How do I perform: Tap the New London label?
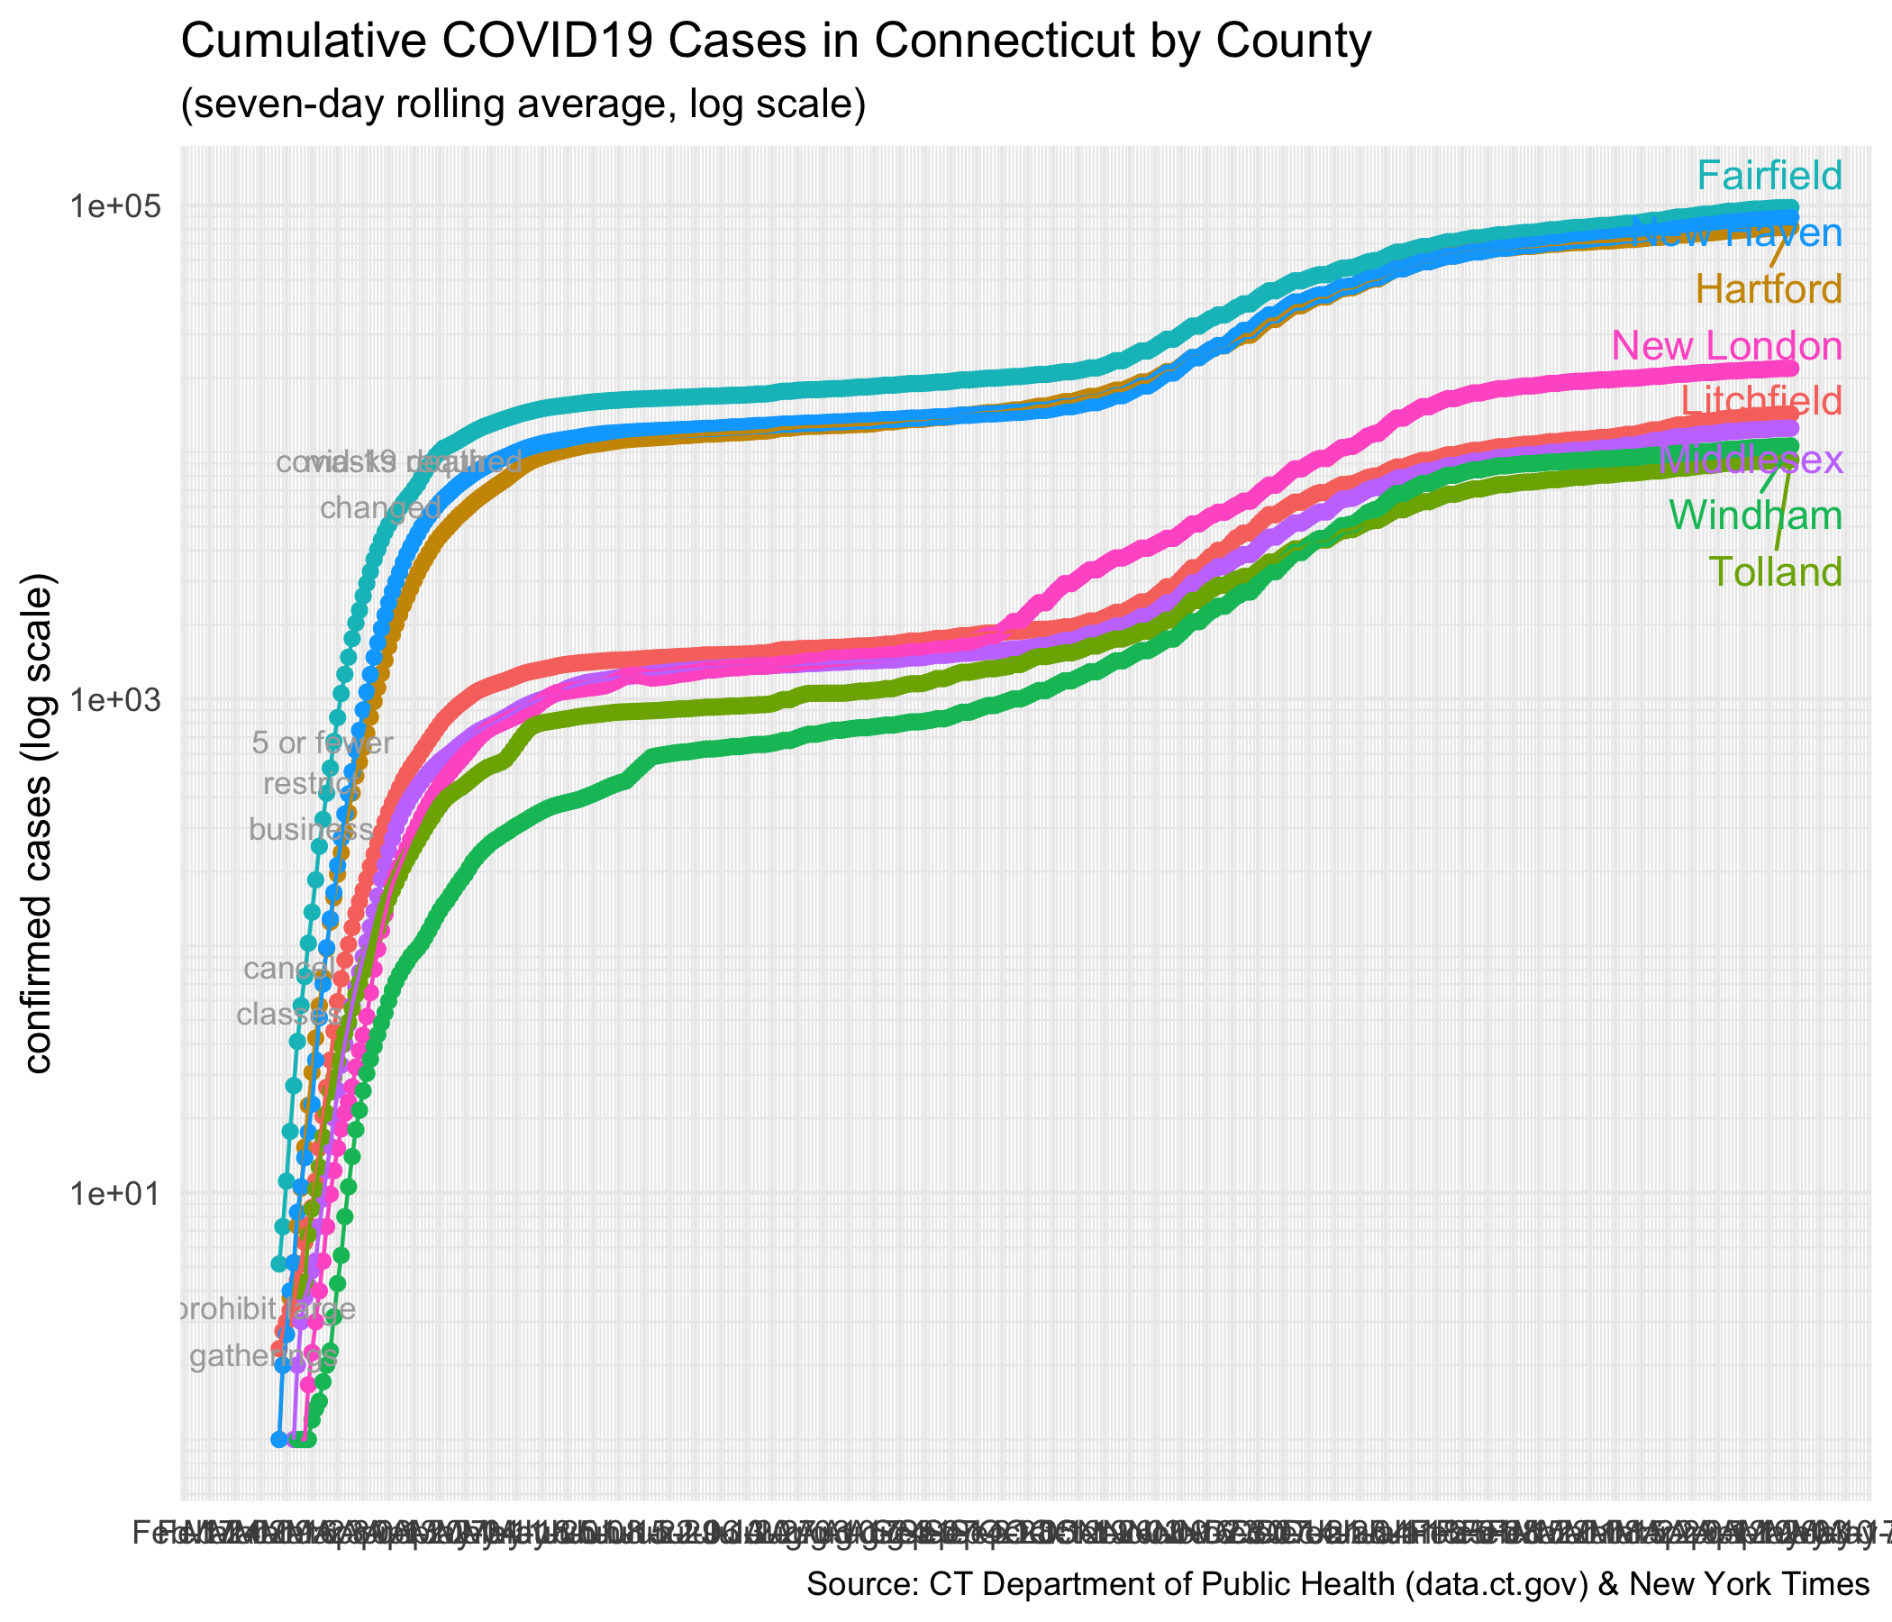coord(1727,346)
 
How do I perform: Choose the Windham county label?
coord(1755,516)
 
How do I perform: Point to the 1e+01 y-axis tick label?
coord(118,1194)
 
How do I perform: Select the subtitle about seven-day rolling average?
coord(523,105)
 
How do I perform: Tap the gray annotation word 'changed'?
coord(381,508)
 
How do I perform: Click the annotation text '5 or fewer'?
coord(323,743)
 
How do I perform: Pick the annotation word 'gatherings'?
coord(263,1356)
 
